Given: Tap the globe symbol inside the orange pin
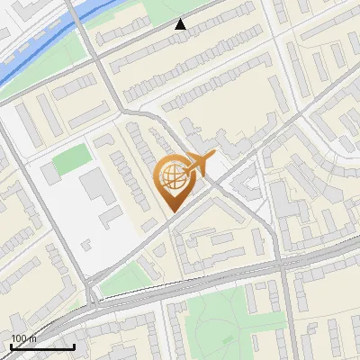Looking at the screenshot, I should coord(171,178).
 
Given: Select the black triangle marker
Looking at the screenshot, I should coord(181,24).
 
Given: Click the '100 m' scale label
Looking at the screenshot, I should coord(23,338).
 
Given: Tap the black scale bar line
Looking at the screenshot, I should coord(42,346).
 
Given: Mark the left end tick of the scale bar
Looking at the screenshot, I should coord(11,346).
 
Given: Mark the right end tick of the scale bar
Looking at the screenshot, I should coord(74,346).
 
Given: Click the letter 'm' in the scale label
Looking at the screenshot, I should coord(32,338).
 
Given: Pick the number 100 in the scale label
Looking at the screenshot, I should coord(19,338).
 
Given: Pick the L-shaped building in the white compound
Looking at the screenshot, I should coord(111,214).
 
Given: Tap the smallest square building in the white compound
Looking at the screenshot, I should coord(86,243).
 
